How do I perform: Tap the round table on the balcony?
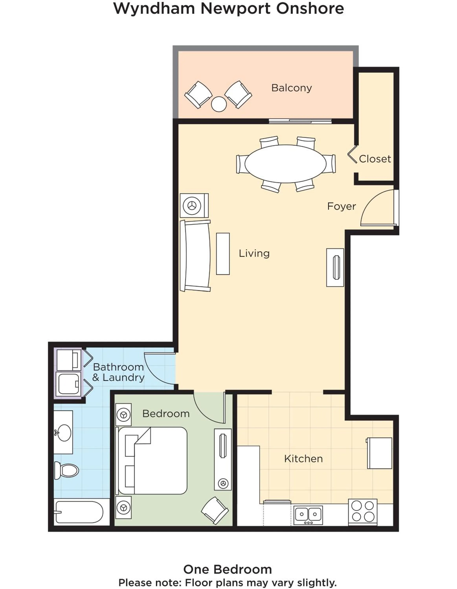(x=219, y=104)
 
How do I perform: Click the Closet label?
(x=375, y=159)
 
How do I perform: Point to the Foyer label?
(x=341, y=206)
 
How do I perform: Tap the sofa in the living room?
(x=195, y=256)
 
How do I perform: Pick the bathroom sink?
(x=64, y=433)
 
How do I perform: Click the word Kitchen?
(x=303, y=459)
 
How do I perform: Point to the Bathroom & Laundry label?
(x=118, y=372)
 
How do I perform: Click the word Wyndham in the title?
(x=154, y=9)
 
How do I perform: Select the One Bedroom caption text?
(x=227, y=570)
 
